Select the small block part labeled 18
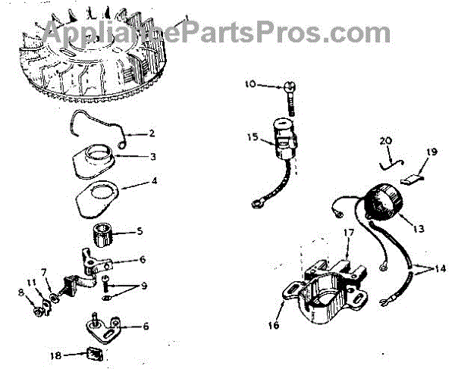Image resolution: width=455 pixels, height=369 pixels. (x=94, y=352)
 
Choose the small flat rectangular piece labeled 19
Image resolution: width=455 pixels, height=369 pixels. (x=411, y=180)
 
